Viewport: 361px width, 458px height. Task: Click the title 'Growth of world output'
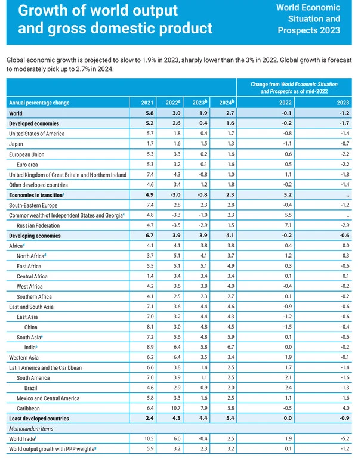pyautogui.click(x=98, y=10)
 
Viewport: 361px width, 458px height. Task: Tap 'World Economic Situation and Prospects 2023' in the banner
pyautogui.click(x=309, y=18)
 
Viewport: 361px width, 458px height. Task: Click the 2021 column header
pyautogui.click(x=147, y=102)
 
